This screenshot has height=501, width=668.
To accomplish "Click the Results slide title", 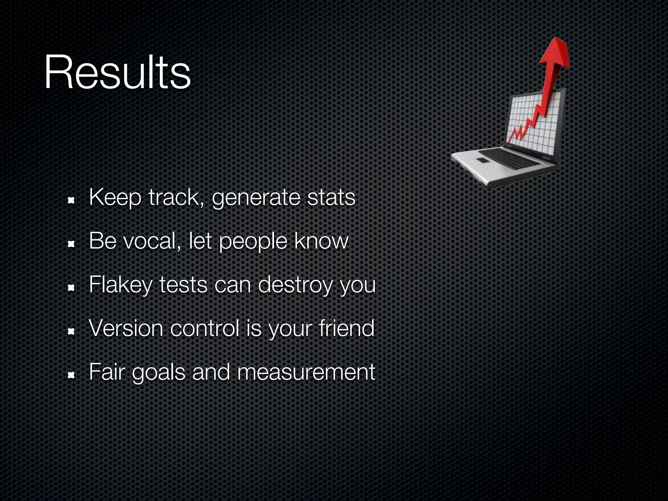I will [117, 72].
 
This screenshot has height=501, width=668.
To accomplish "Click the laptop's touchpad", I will [482, 160].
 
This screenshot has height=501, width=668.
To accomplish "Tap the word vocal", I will [151, 241].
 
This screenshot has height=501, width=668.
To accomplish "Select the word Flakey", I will [120, 285].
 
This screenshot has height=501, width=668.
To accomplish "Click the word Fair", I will [107, 372].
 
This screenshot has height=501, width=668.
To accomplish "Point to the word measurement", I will [306, 372].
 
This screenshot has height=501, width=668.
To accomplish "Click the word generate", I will [256, 198].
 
